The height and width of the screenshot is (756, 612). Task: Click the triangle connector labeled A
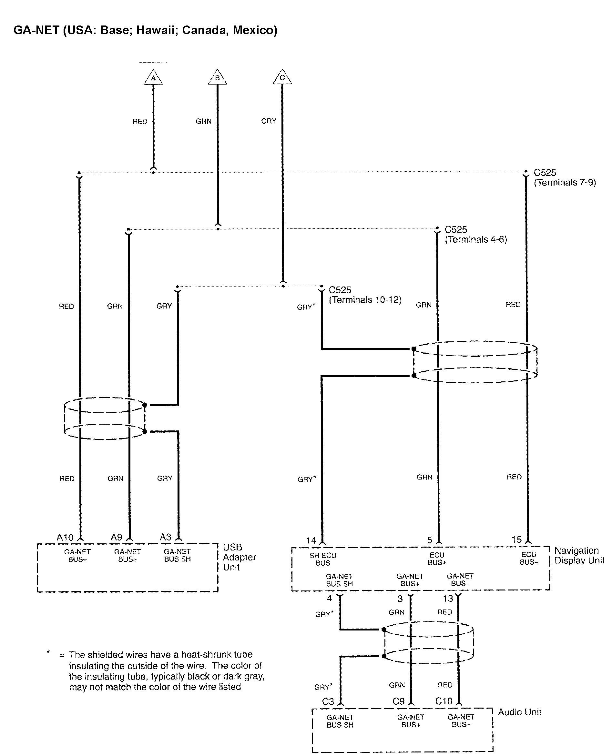pos(153,77)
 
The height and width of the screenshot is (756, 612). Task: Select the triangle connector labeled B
pos(217,77)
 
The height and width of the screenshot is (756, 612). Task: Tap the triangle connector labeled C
pos(282,77)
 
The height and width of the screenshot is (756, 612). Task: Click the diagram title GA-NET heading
pos(145,30)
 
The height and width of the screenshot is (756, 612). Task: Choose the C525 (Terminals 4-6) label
pos(475,235)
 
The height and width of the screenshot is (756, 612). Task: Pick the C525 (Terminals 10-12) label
pos(365,295)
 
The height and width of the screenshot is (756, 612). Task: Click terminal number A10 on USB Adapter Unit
pos(65,538)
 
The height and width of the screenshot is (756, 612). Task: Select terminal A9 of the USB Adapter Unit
pos(116,538)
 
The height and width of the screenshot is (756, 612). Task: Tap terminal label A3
pos(165,537)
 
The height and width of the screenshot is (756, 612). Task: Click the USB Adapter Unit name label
pos(239,557)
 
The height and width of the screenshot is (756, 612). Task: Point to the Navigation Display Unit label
pos(579,555)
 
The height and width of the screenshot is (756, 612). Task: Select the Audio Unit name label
pos(519,712)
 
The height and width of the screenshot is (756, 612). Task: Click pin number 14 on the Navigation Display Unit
pos(311,541)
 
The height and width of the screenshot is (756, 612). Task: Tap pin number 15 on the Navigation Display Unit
pos(516,540)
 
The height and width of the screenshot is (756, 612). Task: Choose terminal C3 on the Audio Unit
pos(328,701)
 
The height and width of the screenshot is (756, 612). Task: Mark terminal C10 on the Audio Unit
pos(444,701)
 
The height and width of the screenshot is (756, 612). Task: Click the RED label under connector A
pos(139,122)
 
